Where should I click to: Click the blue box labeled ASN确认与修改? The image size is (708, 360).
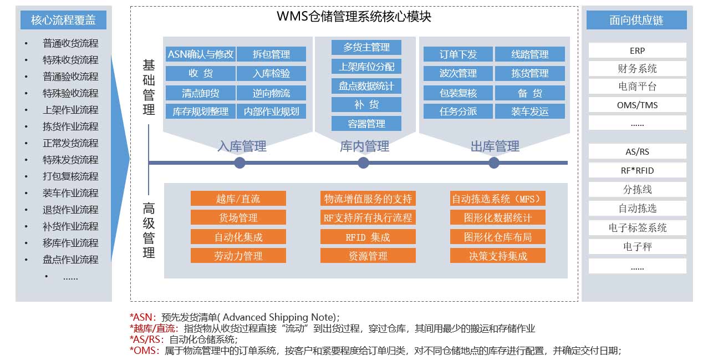click(x=200, y=54)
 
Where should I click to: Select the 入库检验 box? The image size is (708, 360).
click(x=271, y=73)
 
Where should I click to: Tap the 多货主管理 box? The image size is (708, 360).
click(x=366, y=48)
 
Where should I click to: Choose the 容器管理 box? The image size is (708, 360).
click(x=366, y=123)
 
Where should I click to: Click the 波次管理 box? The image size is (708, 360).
click(x=458, y=73)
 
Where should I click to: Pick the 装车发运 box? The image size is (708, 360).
click(x=529, y=111)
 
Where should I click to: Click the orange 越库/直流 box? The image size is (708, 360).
click(x=238, y=199)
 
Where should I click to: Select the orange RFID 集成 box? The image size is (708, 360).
click(x=368, y=237)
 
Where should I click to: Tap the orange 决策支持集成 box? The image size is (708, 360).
click(x=498, y=256)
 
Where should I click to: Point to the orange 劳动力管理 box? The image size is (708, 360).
click(x=238, y=256)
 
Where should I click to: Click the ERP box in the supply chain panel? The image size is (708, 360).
click(x=637, y=50)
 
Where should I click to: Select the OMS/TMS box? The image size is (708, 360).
click(x=637, y=105)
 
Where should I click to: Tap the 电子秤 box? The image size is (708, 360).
click(x=637, y=246)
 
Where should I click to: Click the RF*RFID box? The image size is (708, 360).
click(x=637, y=170)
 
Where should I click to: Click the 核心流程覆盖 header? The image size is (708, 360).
click(x=63, y=20)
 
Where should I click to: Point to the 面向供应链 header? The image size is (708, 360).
click(x=636, y=20)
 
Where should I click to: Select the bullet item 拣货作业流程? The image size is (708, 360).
click(x=70, y=126)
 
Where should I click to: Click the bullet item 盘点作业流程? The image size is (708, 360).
click(x=70, y=260)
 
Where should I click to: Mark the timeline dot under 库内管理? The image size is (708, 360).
click(x=364, y=163)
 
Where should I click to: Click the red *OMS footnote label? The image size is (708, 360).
click(x=143, y=351)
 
